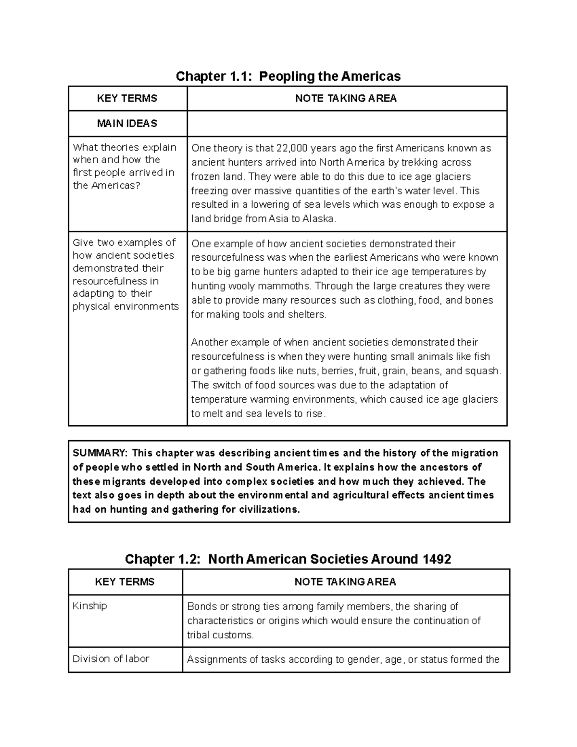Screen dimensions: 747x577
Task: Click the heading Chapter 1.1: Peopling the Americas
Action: click(x=288, y=76)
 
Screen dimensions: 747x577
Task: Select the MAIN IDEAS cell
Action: click(x=127, y=124)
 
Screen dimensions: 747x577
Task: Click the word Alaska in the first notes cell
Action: click(x=317, y=219)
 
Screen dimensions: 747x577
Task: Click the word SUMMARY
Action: click(x=100, y=453)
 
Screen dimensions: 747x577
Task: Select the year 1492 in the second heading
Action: click(x=436, y=559)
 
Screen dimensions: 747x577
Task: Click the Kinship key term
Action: click(x=89, y=606)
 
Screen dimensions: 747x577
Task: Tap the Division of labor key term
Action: click(x=111, y=659)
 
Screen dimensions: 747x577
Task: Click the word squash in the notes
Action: click(x=484, y=371)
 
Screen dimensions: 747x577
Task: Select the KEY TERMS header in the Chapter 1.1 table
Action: click(x=127, y=99)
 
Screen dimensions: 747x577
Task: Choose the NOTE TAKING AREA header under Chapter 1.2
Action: click(x=345, y=582)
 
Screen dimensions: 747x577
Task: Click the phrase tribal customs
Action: click(x=220, y=635)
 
